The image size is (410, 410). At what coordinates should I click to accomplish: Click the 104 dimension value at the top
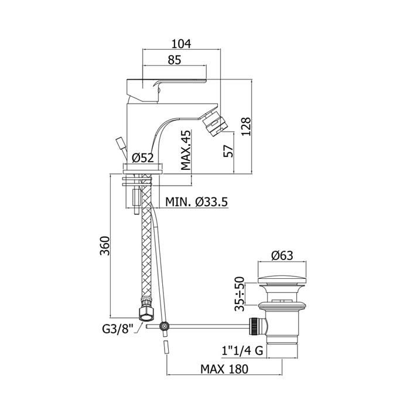tap(181, 44)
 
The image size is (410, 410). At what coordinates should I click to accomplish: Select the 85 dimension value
tap(175, 60)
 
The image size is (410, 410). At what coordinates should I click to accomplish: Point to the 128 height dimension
tap(246, 127)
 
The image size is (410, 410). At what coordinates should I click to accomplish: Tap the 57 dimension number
tap(228, 151)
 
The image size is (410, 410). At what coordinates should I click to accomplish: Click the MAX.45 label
tap(186, 150)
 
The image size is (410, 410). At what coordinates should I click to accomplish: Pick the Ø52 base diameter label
tap(143, 158)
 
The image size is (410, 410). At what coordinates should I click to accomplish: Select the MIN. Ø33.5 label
tap(197, 201)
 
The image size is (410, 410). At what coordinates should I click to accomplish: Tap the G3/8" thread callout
tap(118, 329)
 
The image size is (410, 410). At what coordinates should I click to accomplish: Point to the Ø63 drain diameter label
tap(282, 255)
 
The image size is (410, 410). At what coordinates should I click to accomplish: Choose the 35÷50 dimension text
tap(239, 294)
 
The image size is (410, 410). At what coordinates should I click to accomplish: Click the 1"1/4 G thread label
tap(242, 350)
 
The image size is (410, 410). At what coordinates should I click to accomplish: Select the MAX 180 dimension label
tap(224, 369)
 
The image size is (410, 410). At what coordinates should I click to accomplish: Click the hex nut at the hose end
tap(147, 313)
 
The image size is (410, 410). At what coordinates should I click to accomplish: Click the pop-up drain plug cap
tap(282, 281)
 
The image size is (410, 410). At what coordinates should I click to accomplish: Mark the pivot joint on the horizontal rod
tap(164, 326)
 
